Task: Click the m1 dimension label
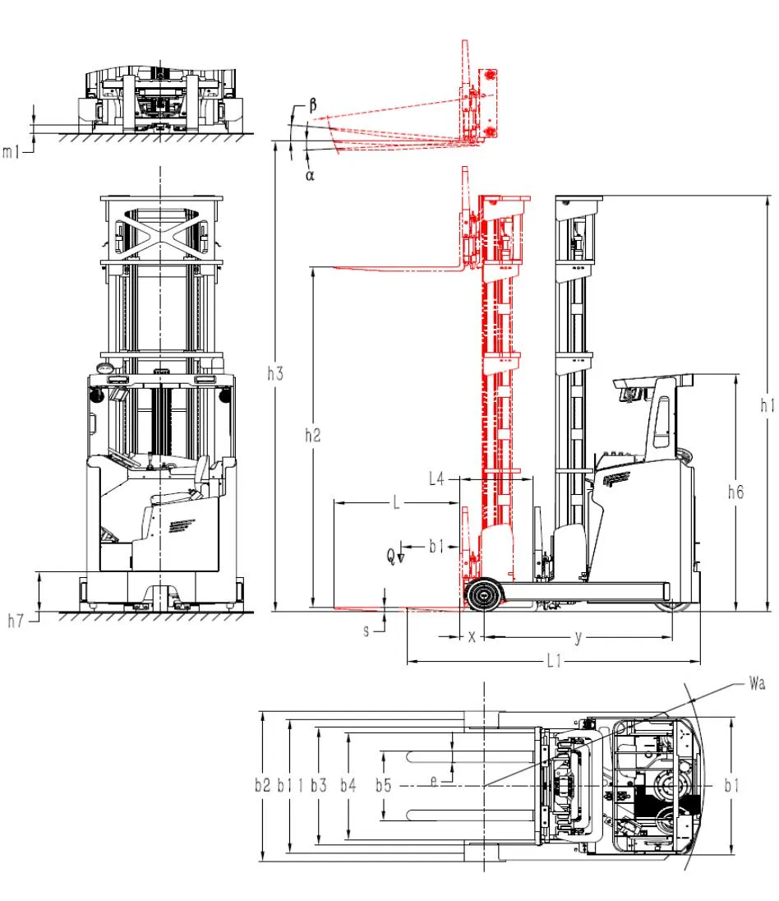tap(11, 151)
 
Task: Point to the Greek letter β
tap(313, 106)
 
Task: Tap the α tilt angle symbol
tap(310, 174)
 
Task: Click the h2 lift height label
tap(312, 436)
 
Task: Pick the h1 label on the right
tap(767, 404)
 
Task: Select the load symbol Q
tap(391, 556)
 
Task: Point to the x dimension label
tap(471, 637)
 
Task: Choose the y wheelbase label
tap(578, 637)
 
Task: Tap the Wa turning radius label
tap(757, 682)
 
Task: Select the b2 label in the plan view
tap(262, 786)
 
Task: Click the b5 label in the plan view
tap(384, 786)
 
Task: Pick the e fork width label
tap(434, 783)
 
